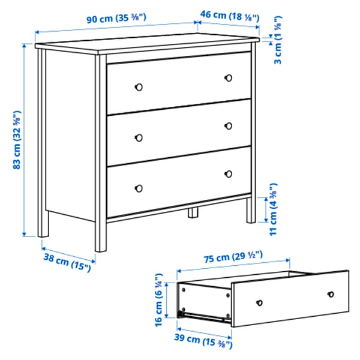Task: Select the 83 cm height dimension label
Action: (x=17, y=140)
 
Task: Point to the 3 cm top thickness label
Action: (x=278, y=52)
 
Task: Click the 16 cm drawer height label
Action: (x=158, y=300)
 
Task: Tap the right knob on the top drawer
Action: (x=228, y=77)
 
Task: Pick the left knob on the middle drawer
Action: (x=139, y=137)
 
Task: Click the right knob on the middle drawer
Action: (x=228, y=125)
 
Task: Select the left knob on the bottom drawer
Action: (x=139, y=187)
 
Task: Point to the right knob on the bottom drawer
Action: (x=228, y=174)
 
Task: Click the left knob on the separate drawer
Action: (x=260, y=302)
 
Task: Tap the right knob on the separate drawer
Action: (x=330, y=294)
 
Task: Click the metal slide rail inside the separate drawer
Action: (x=204, y=314)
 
